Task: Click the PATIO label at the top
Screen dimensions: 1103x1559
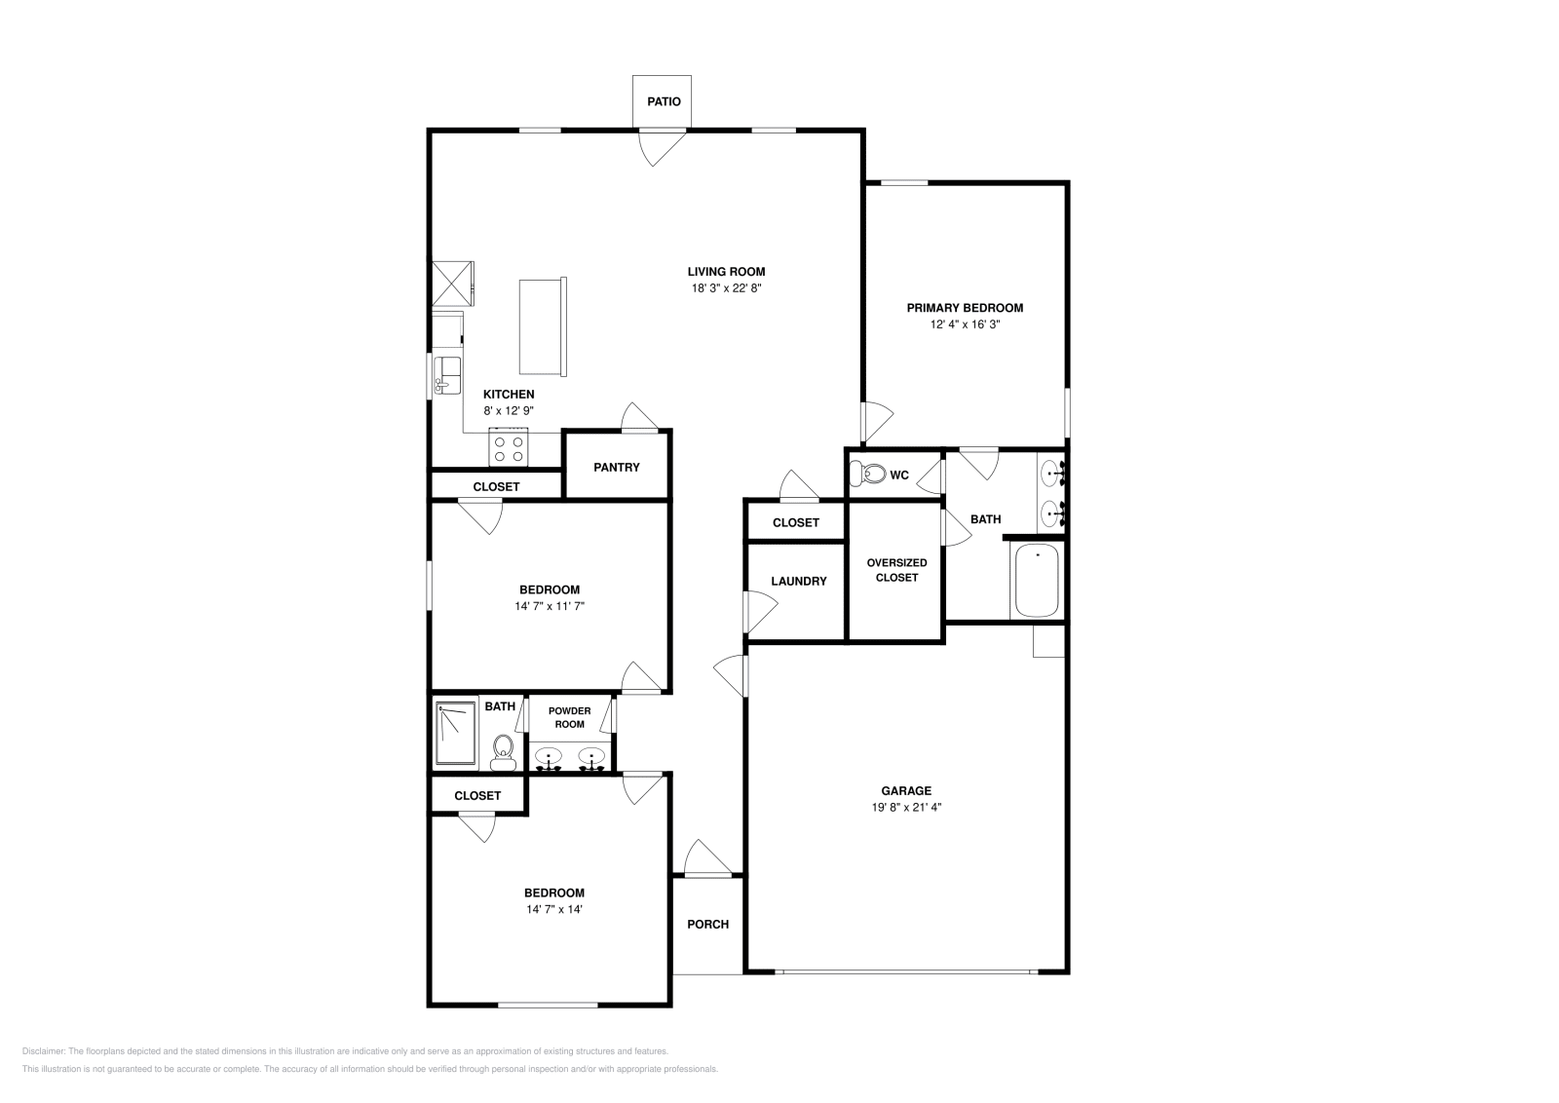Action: pos(664,101)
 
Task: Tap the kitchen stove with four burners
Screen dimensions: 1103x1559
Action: pos(509,448)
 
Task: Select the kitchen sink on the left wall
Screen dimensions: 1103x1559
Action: pos(447,374)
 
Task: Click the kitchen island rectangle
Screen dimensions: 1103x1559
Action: pos(542,326)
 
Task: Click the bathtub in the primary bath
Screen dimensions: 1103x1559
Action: pos(1037,582)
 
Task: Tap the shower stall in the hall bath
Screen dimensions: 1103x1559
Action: pos(455,734)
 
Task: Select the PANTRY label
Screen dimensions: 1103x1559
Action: pos(617,468)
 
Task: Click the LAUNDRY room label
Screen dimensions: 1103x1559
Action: pos(798,582)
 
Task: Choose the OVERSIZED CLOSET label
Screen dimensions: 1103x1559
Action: pos(896,570)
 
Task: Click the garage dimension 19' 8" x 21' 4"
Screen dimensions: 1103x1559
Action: pos(906,807)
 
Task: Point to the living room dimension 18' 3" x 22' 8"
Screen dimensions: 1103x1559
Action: pos(726,288)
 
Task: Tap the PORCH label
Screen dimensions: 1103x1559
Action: pos(707,924)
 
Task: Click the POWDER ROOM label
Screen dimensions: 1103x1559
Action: pos(569,717)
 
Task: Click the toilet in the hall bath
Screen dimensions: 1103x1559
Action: pos(503,750)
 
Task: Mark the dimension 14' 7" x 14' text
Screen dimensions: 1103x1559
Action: pos(553,909)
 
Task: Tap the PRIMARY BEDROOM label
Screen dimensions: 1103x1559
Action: pos(965,308)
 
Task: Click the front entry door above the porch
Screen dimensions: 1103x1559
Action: pos(705,858)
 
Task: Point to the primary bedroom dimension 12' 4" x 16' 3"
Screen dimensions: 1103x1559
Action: pos(965,324)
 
